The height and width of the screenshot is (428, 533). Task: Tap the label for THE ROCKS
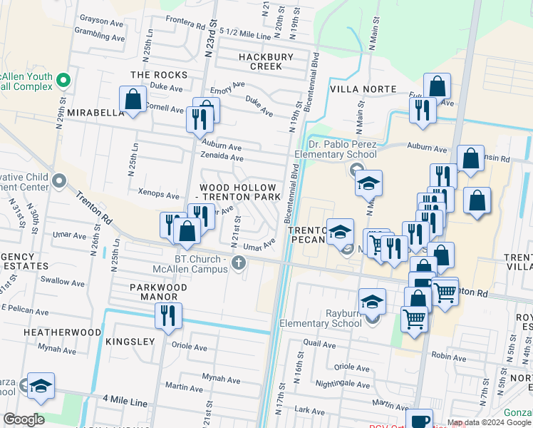(x=159, y=75)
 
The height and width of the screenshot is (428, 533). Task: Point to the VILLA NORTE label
(x=363, y=89)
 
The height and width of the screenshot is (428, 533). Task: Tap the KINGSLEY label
(x=130, y=342)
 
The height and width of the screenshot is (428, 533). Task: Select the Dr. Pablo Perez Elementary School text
(x=337, y=149)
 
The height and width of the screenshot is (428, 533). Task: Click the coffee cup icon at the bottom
(x=419, y=420)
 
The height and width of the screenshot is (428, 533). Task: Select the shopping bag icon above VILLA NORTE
(x=438, y=87)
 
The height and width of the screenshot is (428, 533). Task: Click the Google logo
(x=24, y=419)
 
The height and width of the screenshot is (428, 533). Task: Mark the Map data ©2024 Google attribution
(x=489, y=422)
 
